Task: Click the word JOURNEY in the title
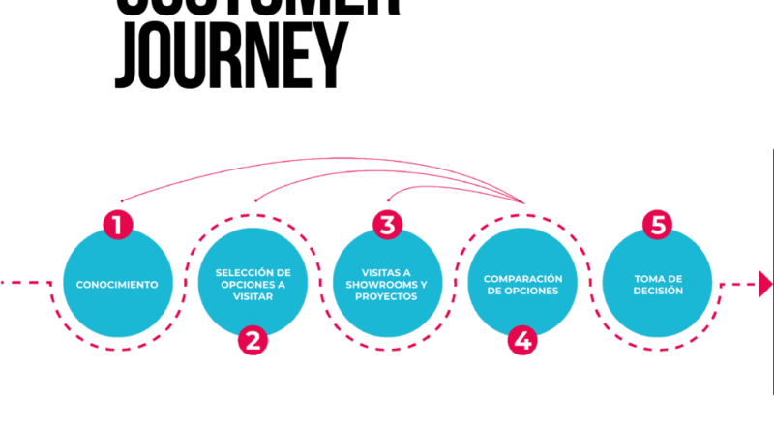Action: [229, 53]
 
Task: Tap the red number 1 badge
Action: [117, 226]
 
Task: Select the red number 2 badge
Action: [253, 340]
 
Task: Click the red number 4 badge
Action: [522, 340]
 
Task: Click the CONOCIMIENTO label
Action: [117, 285]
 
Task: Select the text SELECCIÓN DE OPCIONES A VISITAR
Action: [253, 285]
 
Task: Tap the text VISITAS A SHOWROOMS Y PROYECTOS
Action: [387, 285]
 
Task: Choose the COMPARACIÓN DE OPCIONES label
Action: [522, 285]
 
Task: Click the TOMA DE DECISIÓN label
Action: [658, 285]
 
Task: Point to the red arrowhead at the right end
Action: [765, 284]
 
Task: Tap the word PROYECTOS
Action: [387, 297]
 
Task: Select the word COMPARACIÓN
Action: [522, 279]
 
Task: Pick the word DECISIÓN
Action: [658, 291]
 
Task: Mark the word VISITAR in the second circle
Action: [253, 297]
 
